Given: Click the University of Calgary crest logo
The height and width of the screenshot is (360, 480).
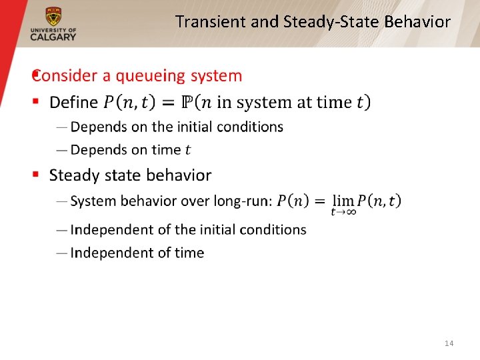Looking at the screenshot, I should click(x=53, y=16).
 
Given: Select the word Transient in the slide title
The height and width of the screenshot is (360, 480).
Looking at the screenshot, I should click(x=211, y=22).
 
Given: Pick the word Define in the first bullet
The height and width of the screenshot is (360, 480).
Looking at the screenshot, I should click(x=73, y=103).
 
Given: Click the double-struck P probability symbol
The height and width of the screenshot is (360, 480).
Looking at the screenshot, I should click(x=188, y=103).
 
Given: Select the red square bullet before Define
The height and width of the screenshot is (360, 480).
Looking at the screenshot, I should click(x=37, y=102).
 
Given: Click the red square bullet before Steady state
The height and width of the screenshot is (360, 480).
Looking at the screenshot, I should click(x=37, y=175).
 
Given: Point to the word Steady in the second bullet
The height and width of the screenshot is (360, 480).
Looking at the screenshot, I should click(x=73, y=175).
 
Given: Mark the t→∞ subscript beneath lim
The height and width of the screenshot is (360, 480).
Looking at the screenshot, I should click(x=343, y=213).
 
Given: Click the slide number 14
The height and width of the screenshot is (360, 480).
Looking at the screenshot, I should click(x=449, y=343).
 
